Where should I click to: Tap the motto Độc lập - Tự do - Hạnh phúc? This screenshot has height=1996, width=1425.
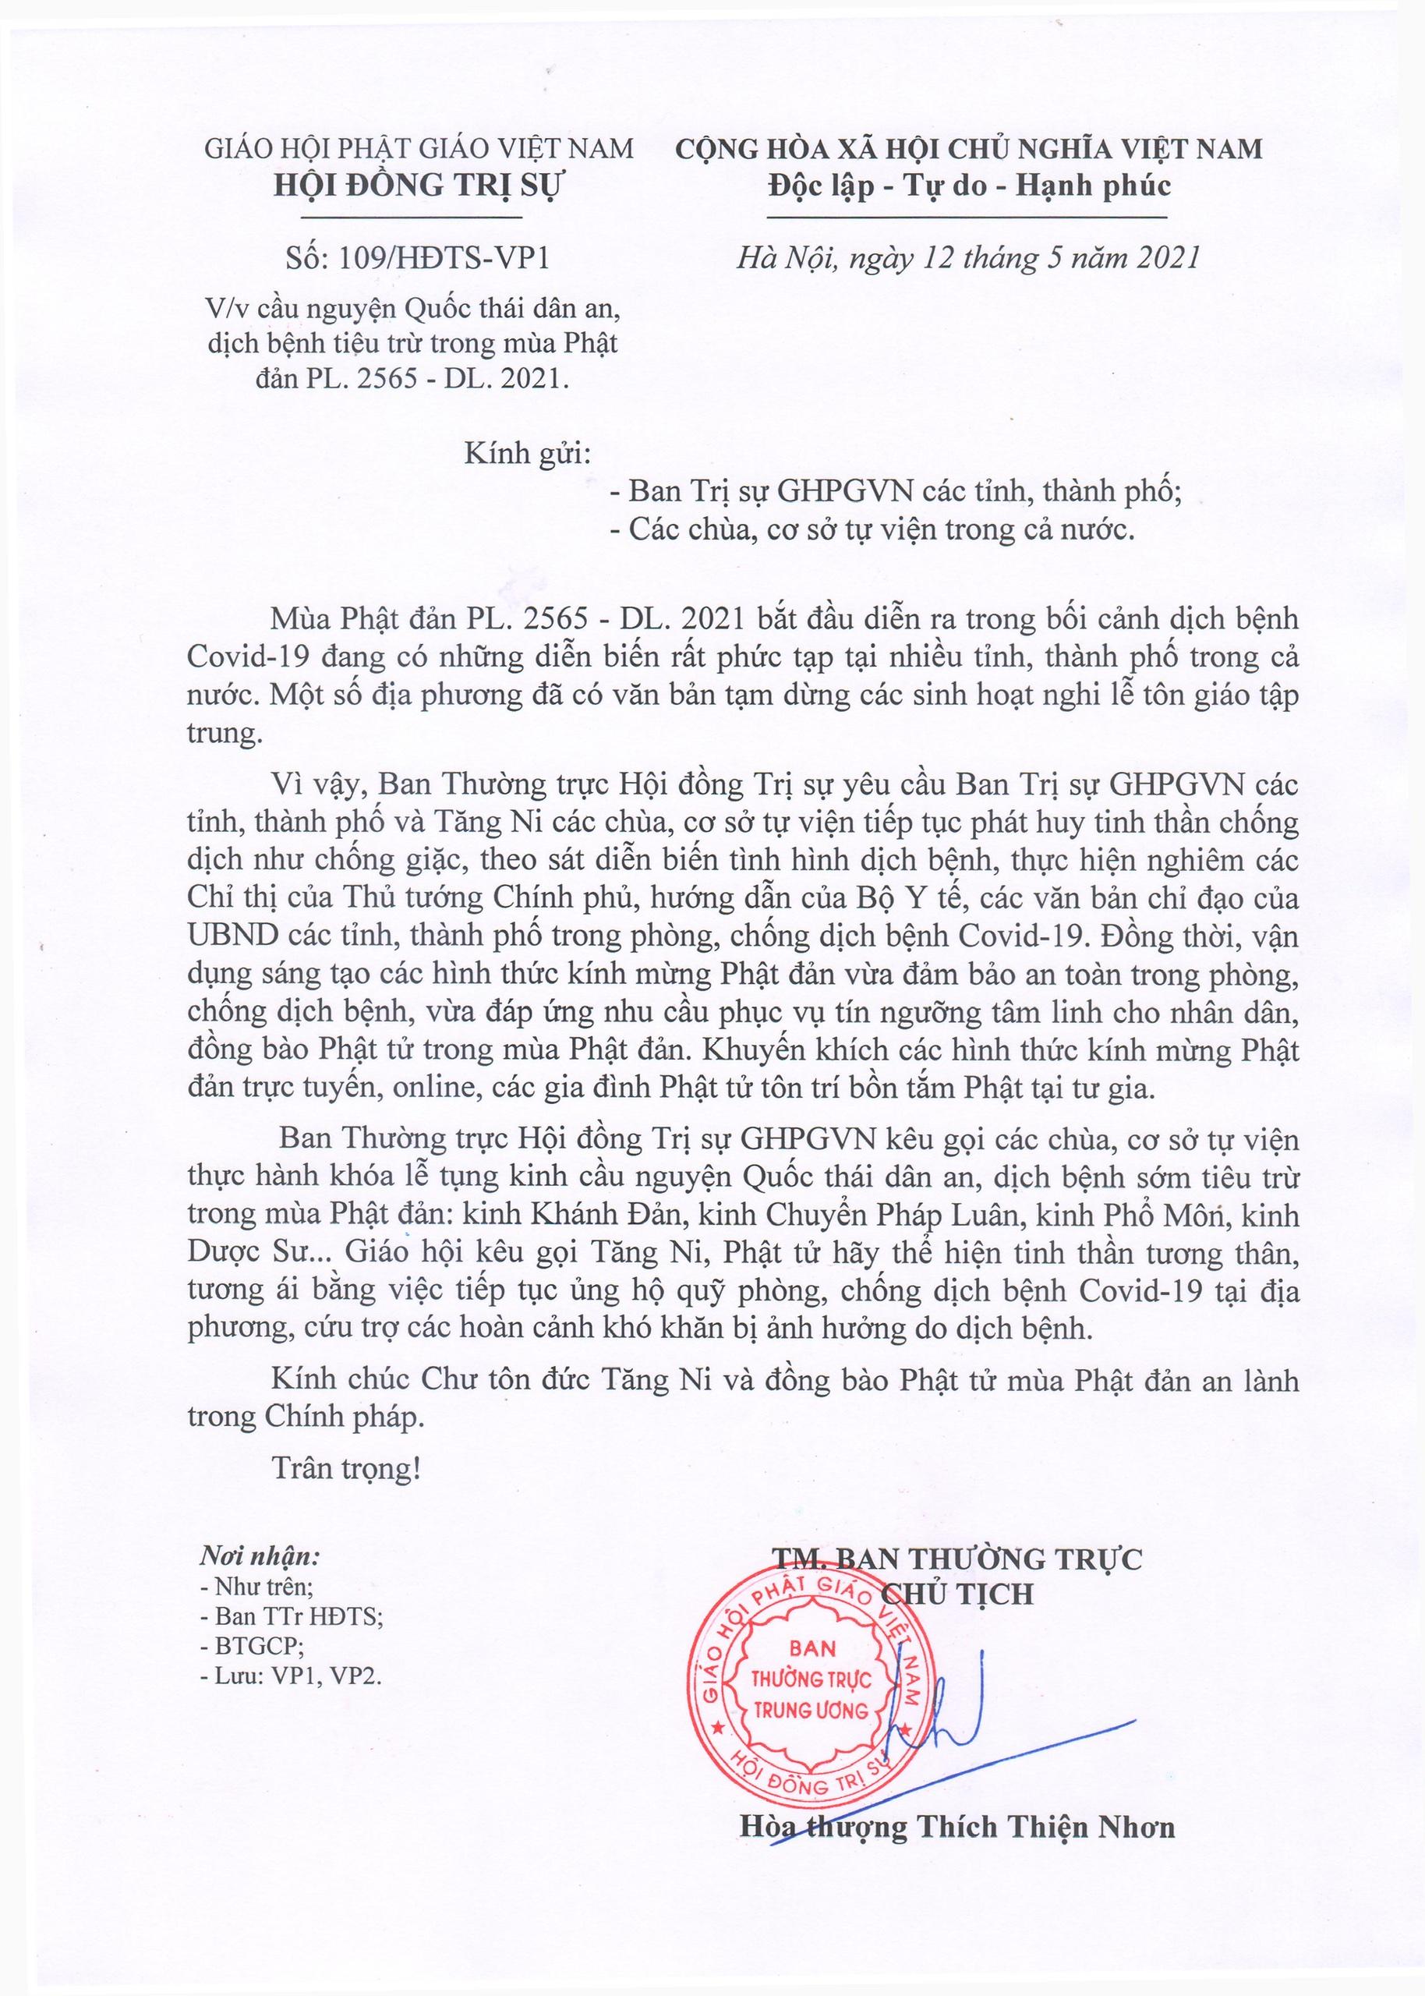point(969,186)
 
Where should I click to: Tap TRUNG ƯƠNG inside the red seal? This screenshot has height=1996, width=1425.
point(811,1710)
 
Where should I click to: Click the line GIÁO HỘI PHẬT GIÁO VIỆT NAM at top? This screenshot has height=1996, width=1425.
point(419,148)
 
